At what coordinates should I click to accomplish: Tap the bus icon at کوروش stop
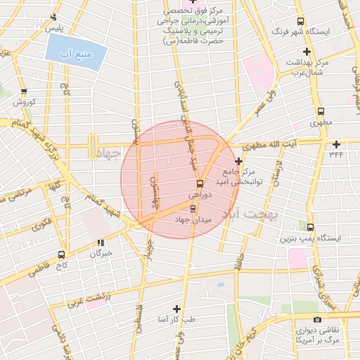25,91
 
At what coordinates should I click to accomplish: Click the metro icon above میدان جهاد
193,209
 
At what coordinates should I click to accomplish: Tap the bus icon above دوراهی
200,184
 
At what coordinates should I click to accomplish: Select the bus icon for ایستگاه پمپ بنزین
310,227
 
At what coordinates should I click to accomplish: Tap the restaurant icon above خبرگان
101,243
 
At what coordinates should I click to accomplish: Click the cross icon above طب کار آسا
176,309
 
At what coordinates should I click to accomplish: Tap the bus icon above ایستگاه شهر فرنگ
301,22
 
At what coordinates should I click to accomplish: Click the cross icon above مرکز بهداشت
306,51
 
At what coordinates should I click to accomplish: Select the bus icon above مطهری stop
321,111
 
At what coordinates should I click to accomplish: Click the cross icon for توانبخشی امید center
238,161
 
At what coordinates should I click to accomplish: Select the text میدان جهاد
193,220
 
